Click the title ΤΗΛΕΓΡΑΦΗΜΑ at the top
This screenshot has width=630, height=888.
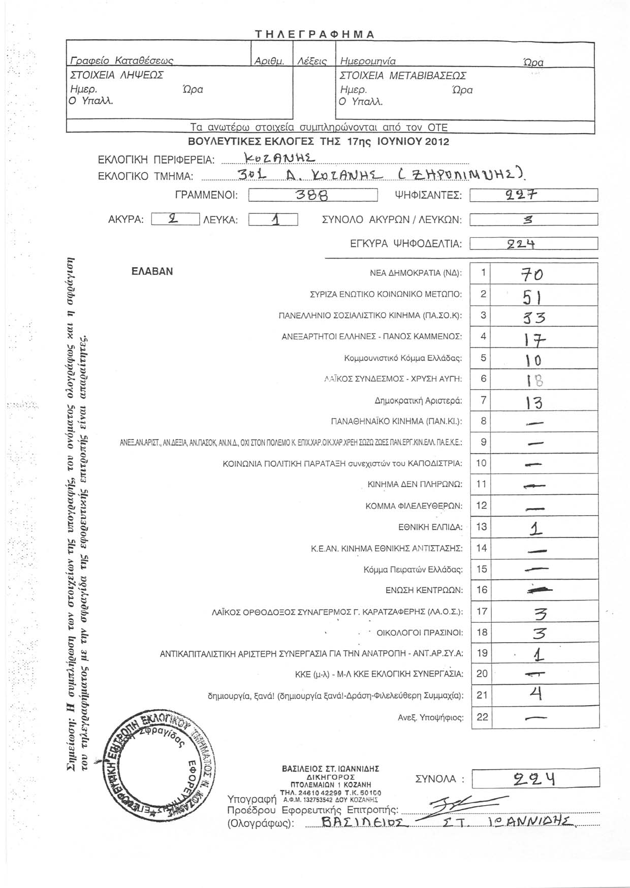[x=314, y=35]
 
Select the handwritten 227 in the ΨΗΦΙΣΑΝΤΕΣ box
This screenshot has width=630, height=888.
[x=533, y=195]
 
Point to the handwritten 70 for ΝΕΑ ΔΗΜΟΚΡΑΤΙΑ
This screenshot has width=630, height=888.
[x=531, y=275]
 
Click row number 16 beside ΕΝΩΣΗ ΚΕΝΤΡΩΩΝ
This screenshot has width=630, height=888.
[x=481, y=590]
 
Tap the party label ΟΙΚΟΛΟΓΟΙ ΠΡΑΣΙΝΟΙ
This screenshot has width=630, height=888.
[x=420, y=632]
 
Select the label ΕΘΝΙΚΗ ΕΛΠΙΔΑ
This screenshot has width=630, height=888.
[x=430, y=527]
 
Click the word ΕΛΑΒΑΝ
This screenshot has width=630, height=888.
[x=152, y=271]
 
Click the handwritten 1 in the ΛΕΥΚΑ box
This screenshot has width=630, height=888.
[x=274, y=219]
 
